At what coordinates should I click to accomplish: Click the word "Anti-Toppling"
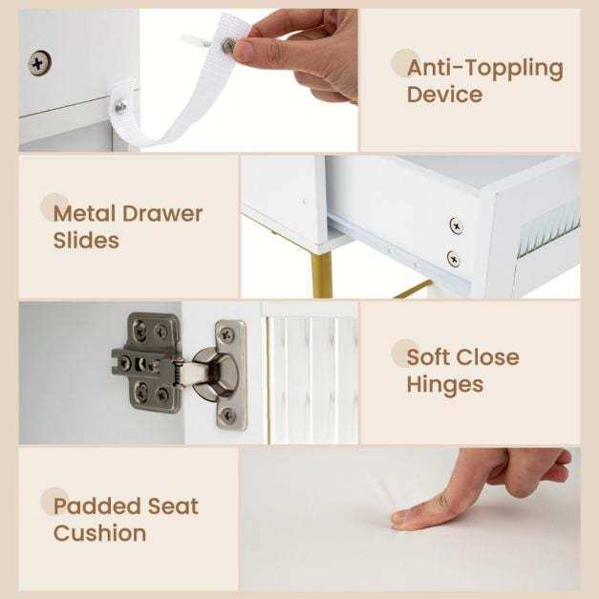coord(484,68)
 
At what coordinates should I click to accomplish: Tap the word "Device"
coord(444,95)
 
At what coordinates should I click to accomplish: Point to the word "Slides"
coord(86,240)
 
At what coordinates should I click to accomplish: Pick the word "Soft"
coord(430,358)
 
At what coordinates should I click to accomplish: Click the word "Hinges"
coord(444,385)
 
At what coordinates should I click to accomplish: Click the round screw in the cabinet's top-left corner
coord(40,64)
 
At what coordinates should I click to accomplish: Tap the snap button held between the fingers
coord(228,45)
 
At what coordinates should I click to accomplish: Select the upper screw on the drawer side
coord(456,225)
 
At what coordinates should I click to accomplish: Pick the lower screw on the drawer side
coord(453,258)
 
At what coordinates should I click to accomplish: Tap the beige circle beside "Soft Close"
coord(405,353)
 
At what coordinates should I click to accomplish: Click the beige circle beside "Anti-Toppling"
coord(405,62)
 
